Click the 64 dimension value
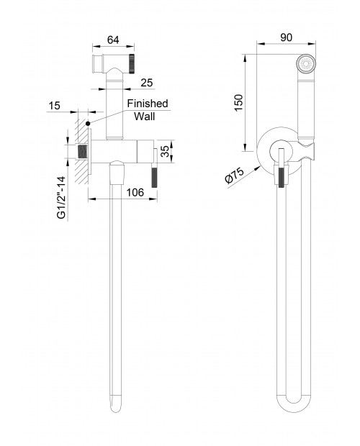pos(113,40)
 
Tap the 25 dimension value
pos(147,83)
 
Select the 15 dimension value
pos(54,106)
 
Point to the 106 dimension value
pos(135,193)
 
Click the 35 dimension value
pos(166,151)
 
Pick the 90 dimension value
pos(287,37)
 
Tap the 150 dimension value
pos(239,103)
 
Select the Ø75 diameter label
pos(234,176)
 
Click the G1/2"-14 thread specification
pos(61,198)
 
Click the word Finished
pos(148,104)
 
